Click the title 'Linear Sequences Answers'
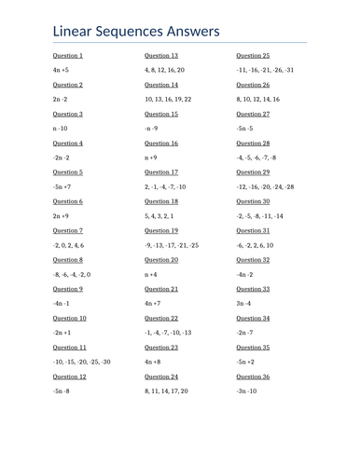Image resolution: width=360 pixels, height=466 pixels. (x=136, y=32)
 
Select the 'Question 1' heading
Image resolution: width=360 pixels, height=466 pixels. (x=68, y=56)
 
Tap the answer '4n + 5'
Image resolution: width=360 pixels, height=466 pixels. (x=61, y=70)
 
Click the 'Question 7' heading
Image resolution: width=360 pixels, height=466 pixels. (x=68, y=230)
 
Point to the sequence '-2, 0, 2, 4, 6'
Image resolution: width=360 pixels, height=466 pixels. (x=74, y=245)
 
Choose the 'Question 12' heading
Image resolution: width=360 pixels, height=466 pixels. (x=70, y=377)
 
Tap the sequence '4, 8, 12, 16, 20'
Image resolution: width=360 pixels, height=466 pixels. (x=164, y=70)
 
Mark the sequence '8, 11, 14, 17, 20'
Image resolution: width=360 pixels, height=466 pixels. (x=166, y=391)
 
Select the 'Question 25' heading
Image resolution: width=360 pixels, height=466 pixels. (x=253, y=56)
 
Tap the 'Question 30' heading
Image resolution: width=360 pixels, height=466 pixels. (x=253, y=201)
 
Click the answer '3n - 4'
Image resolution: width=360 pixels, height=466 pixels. (x=244, y=304)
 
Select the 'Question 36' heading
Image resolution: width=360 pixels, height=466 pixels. (x=253, y=377)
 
